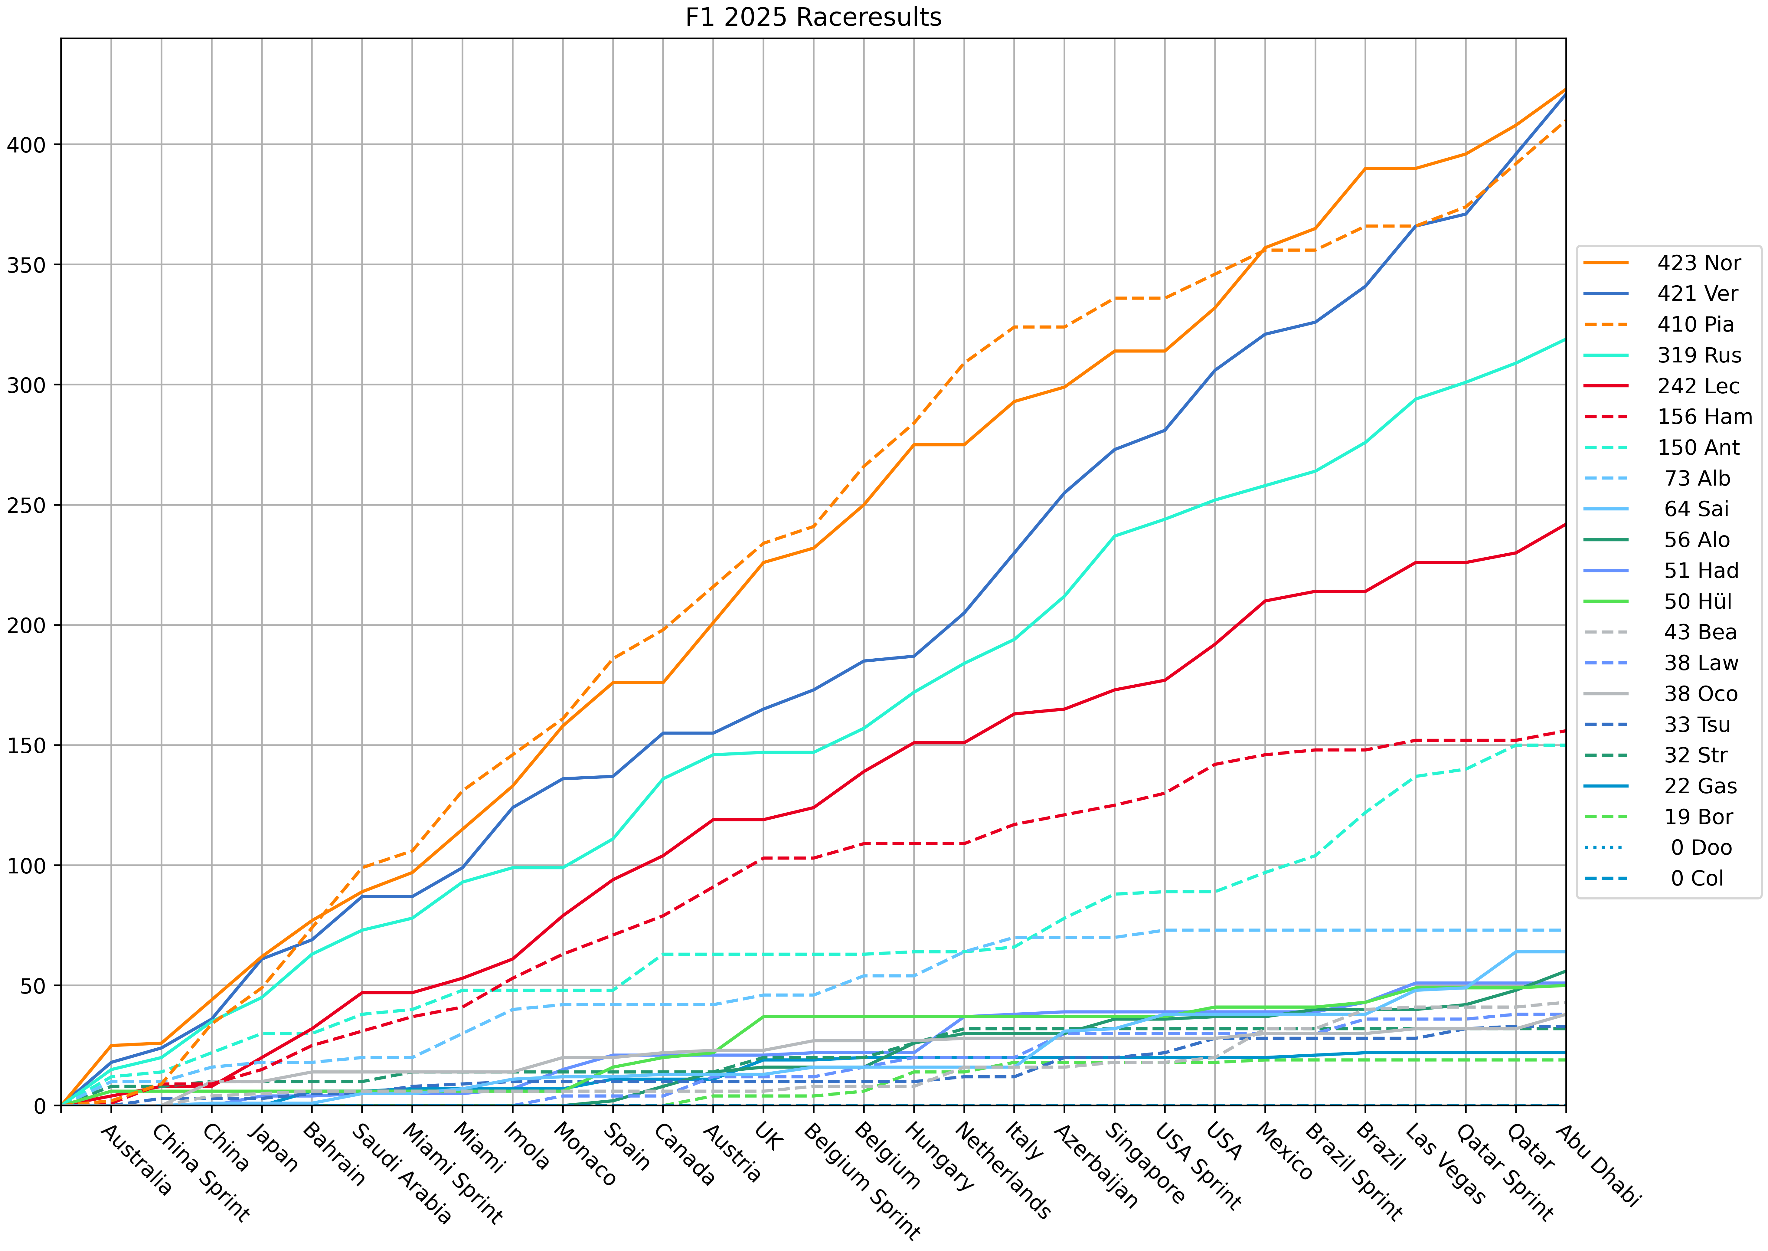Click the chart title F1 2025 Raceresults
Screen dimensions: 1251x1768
pyautogui.click(x=813, y=17)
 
